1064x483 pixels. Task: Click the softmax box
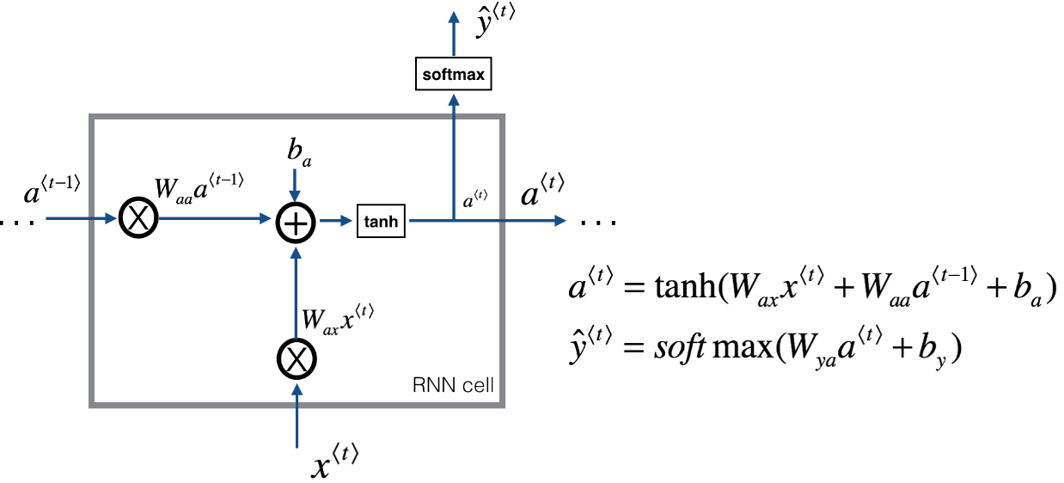[x=454, y=74]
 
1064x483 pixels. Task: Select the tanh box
[x=381, y=221]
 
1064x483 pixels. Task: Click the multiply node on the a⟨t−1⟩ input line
[x=137, y=220]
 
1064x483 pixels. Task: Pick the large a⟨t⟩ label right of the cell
[x=542, y=193]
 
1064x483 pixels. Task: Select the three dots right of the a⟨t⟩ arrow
[x=598, y=222]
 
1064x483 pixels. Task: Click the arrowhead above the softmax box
[x=453, y=20]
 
